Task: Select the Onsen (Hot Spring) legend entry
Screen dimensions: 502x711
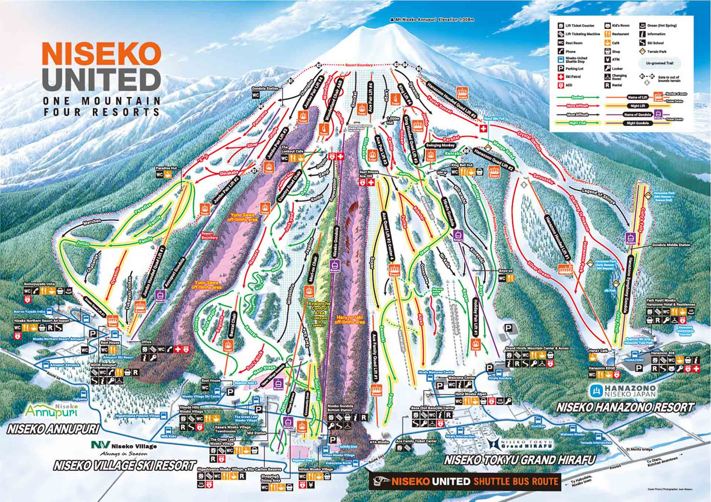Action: (661, 26)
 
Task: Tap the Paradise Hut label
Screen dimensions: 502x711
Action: (166, 168)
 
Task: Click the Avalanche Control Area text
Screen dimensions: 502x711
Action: (319, 308)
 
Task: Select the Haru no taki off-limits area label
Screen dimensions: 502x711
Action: (350, 320)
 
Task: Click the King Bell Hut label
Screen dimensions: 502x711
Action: (462, 165)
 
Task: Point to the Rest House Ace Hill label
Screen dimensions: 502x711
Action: (369, 174)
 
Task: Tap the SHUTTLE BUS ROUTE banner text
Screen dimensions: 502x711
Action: (515, 481)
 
